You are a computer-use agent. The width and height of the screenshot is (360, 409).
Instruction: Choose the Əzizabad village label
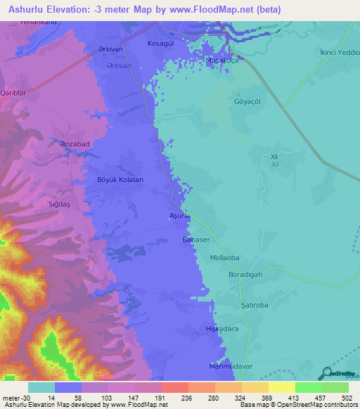tap(73, 143)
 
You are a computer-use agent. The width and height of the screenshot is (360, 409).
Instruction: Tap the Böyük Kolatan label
tap(120, 180)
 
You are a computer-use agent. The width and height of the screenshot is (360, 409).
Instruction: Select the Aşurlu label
tap(179, 216)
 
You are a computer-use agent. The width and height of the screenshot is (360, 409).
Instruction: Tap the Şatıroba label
tap(267, 306)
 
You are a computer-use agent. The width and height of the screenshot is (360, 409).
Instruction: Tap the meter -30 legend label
tap(14, 398)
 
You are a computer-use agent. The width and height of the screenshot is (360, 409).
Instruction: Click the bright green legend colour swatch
tap(309, 387)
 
